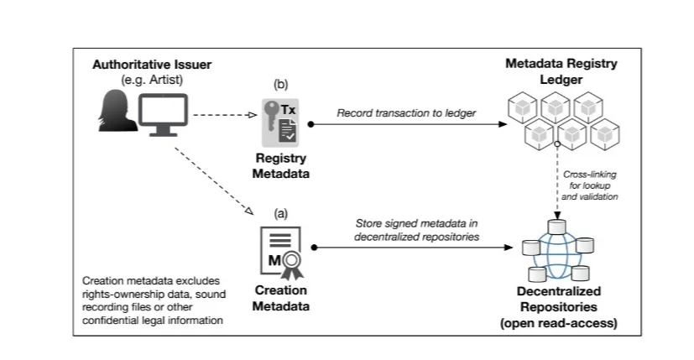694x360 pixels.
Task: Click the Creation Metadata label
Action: [x=280, y=297]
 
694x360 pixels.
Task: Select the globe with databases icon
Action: [x=556, y=249]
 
